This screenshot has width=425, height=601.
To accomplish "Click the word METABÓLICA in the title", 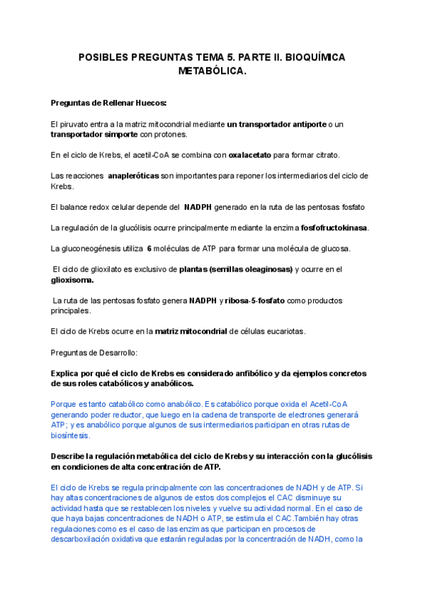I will (x=212, y=71).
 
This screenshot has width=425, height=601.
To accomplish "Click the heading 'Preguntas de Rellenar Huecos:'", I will (x=108, y=103).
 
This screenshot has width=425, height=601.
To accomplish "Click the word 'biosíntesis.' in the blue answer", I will (x=70, y=436).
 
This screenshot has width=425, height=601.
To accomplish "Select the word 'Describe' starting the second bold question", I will (x=69, y=456).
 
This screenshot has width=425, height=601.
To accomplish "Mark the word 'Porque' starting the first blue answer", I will (x=64, y=405).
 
